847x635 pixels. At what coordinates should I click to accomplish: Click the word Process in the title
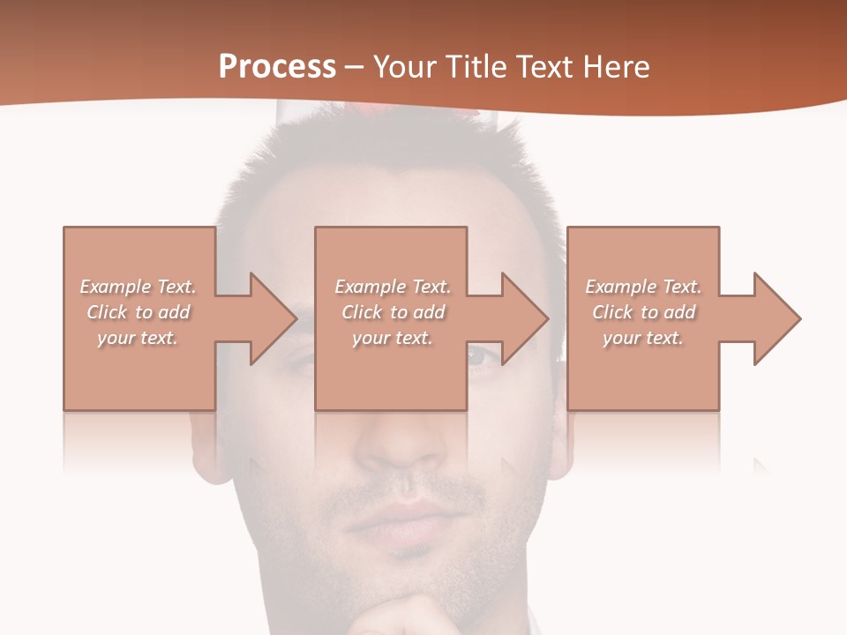click(x=277, y=67)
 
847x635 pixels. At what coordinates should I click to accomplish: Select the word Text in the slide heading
click(x=544, y=67)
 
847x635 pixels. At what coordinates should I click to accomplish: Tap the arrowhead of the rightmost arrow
click(x=776, y=318)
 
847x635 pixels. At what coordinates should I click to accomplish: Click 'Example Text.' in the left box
click(x=138, y=287)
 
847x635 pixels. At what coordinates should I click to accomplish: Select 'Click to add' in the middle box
click(x=393, y=312)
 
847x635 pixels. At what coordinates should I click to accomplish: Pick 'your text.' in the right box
click(x=643, y=338)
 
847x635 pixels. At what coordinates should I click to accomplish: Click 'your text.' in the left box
click(x=138, y=338)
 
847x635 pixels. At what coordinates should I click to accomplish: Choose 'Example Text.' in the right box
click(x=643, y=287)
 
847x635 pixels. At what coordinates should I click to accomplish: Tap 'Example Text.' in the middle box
click(x=393, y=287)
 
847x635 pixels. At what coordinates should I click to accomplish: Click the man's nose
click(x=401, y=445)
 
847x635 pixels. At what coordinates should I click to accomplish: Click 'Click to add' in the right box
click(x=643, y=312)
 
